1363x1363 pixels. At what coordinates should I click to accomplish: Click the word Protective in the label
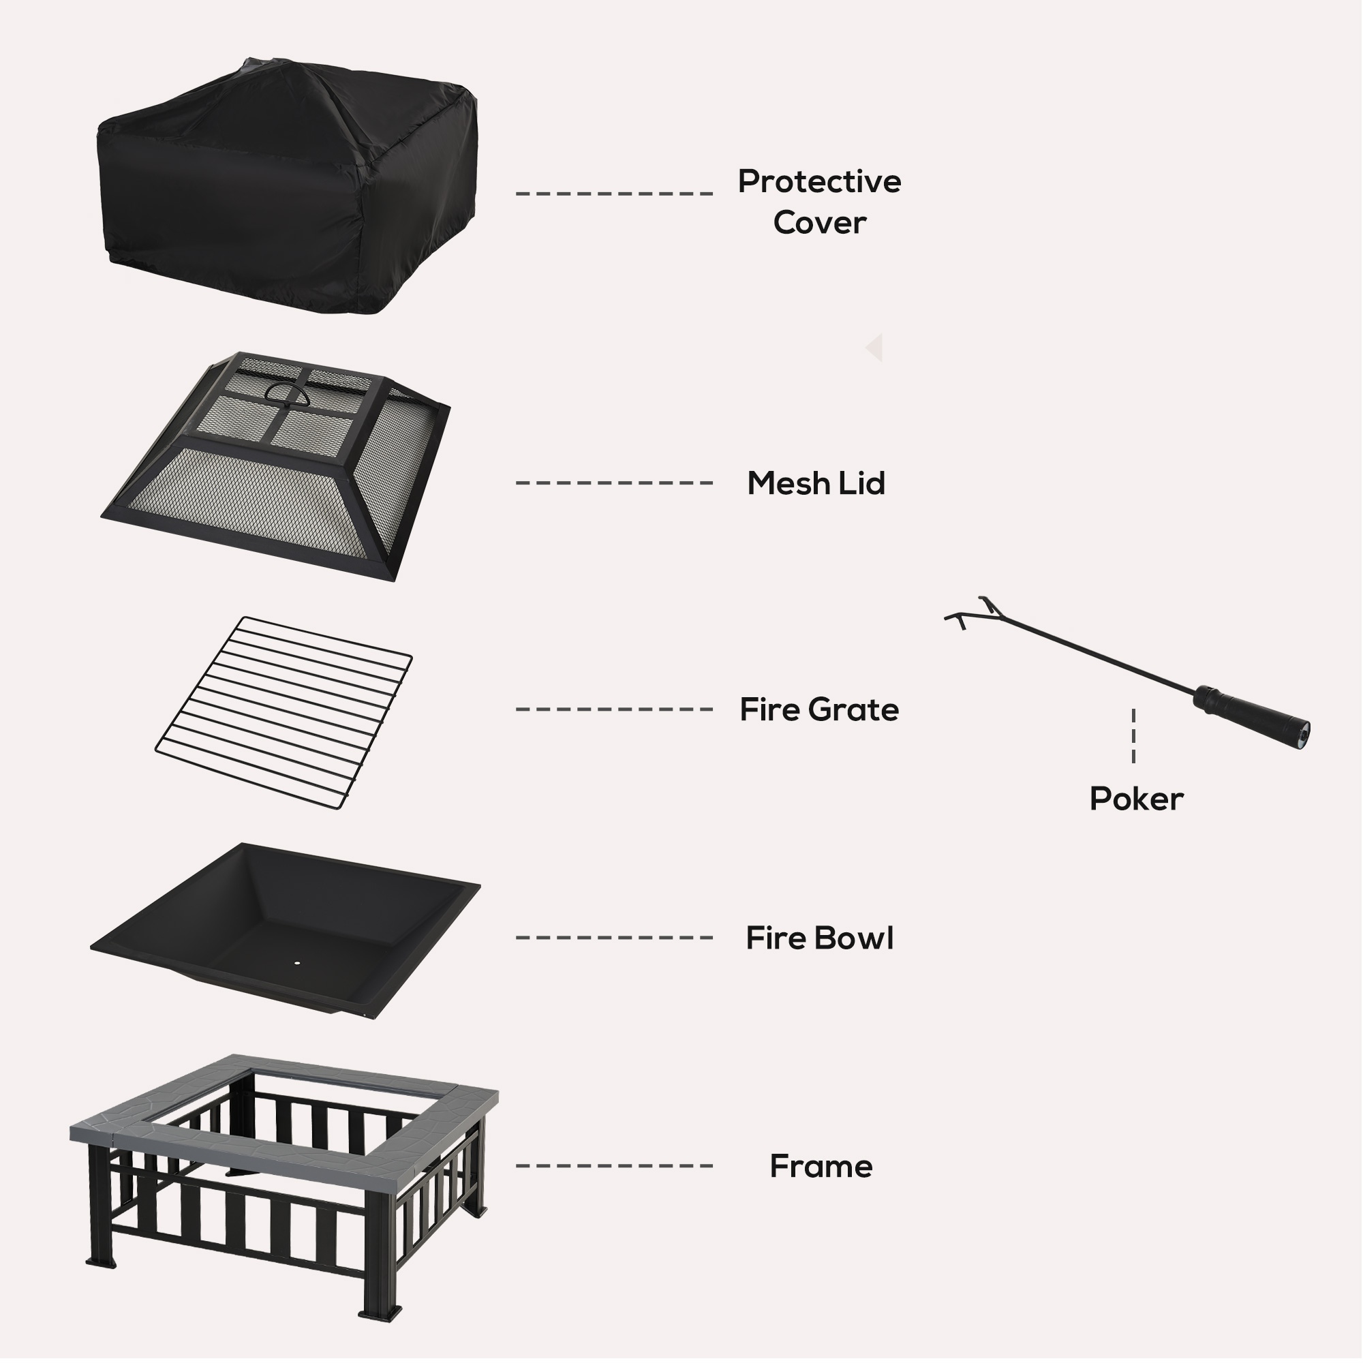tap(819, 182)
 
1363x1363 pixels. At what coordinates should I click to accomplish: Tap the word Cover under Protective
tap(819, 223)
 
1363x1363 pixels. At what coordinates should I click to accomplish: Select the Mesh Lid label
tap(816, 483)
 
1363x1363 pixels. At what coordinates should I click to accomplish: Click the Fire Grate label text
tap(819, 709)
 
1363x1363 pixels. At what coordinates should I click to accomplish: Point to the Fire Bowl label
tap(819, 938)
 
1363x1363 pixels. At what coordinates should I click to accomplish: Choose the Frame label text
tap(821, 1166)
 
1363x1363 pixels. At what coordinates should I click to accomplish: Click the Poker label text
tap(1136, 799)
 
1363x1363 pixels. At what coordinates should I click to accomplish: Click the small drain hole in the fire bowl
tap(296, 962)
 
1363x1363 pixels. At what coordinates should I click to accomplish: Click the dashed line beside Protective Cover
tap(614, 194)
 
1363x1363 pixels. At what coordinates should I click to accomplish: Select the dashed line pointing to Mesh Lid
tap(614, 483)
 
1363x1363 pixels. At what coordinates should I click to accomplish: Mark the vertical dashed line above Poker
tap(1133, 736)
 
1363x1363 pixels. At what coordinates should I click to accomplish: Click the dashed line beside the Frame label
tap(614, 1166)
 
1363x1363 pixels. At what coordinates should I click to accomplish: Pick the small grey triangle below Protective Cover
tap(875, 348)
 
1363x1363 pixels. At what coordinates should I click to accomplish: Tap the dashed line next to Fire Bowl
tap(614, 938)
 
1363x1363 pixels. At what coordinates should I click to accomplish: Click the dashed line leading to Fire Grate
tap(614, 709)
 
